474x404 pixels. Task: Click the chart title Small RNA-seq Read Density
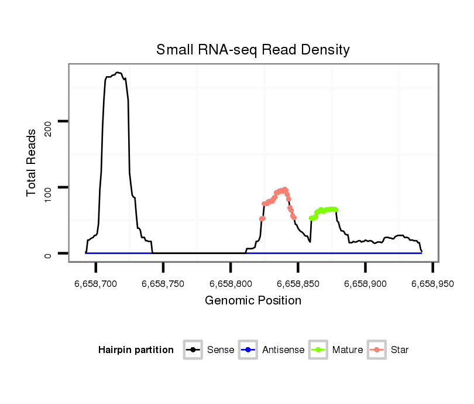pyautogui.click(x=253, y=50)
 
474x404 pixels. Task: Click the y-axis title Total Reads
pyautogui.click(x=32, y=163)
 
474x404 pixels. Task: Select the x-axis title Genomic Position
pyautogui.click(x=253, y=301)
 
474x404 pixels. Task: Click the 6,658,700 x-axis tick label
pyautogui.click(x=96, y=285)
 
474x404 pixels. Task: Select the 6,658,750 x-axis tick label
pyautogui.click(x=163, y=285)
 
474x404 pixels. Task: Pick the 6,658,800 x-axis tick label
pyautogui.click(x=231, y=285)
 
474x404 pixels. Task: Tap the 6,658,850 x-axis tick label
pyautogui.click(x=298, y=285)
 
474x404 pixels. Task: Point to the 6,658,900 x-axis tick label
pyautogui.click(x=365, y=285)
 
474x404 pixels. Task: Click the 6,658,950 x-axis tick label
pyautogui.click(x=432, y=285)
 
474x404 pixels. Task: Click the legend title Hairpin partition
pyautogui.click(x=136, y=350)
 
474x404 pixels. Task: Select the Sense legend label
pyautogui.click(x=221, y=350)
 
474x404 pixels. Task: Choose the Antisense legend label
pyautogui.click(x=283, y=350)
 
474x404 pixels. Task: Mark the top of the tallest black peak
pyautogui.click(x=118, y=73)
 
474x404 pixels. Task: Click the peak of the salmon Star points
pyautogui.click(x=284, y=189)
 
